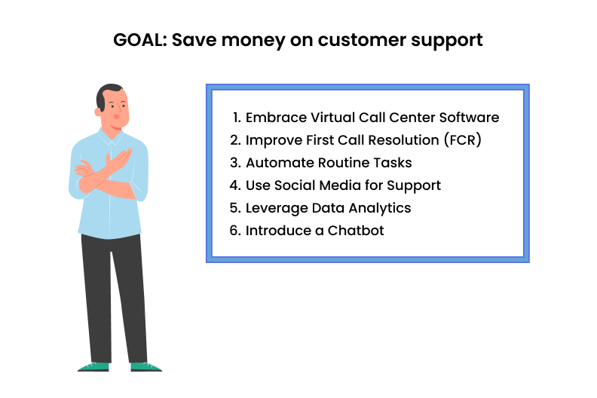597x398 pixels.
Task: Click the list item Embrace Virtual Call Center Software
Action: pos(372,118)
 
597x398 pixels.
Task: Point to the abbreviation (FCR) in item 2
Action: pos(461,140)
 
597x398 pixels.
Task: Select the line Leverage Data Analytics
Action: pos(328,208)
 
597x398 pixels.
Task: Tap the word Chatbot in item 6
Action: pos(355,231)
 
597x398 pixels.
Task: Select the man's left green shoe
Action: pos(93,366)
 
